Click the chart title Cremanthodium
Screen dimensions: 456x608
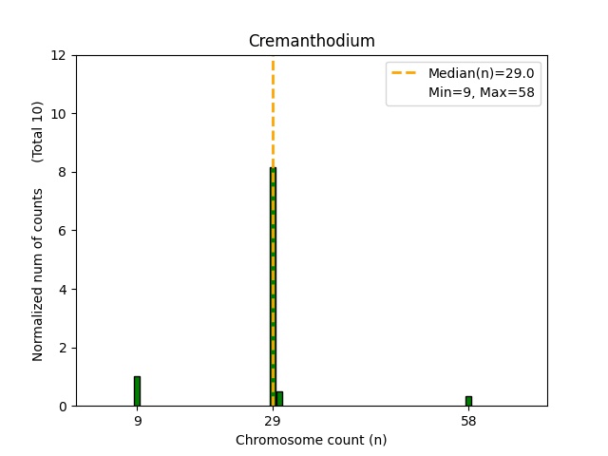coord(311,41)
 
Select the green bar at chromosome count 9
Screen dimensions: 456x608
coord(137,391)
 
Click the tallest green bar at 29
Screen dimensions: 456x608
coord(273,285)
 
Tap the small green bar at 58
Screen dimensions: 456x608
coord(468,401)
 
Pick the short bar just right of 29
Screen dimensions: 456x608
coord(279,399)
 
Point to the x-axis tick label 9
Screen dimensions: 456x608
coord(137,420)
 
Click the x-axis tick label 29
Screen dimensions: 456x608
coord(273,420)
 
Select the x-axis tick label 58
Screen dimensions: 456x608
coord(468,420)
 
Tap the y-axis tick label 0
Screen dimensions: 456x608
coord(63,407)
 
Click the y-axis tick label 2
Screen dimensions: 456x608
coord(63,348)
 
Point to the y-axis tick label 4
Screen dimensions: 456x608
coord(63,289)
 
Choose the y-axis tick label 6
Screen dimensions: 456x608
coord(63,231)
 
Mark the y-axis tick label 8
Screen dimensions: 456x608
coord(63,172)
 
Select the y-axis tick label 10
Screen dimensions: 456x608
coord(60,114)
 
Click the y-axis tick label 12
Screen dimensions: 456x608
coord(60,55)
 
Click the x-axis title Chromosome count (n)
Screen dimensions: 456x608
coord(311,440)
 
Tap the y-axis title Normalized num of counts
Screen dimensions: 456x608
coord(39,274)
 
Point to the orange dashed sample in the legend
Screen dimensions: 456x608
coord(406,73)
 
